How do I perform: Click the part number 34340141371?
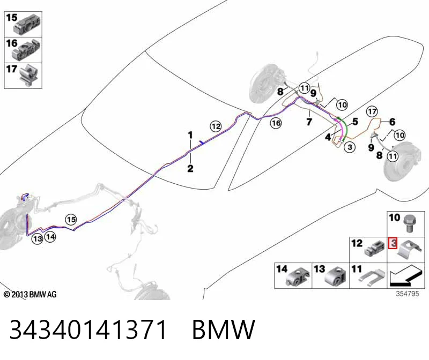pyautogui.click(x=88, y=329)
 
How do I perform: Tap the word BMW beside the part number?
pyautogui.click(x=224, y=329)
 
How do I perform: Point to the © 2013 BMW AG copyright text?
pyautogui.click(x=30, y=295)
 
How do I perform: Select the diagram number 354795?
pyautogui.click(x=408, y=294)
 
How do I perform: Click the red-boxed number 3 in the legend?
pyautogui.click(x=393, y=243)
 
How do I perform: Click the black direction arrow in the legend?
pyautogui.click(x=404, y=276)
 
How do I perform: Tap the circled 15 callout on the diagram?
pyautogui.click(x=71, y=220)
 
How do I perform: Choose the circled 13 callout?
pyautogui.click(x=38, y=239)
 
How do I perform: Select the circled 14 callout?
pyautogui.click(x=50, y=236)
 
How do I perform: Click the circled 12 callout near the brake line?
pyautogui.click(x=216, y=126)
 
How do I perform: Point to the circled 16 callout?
pyautogui.click(x=276, y=123)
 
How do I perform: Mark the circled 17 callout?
pyautogui.click(x=372, y=111)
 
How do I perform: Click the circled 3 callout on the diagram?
pyautogui.click(x=350, y=147)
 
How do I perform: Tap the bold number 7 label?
pyautogui.click(x=309, y=122)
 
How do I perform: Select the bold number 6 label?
pyautogui.click(x=393, y=122)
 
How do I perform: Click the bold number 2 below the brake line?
pyautogui.click(x=190, y=168)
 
